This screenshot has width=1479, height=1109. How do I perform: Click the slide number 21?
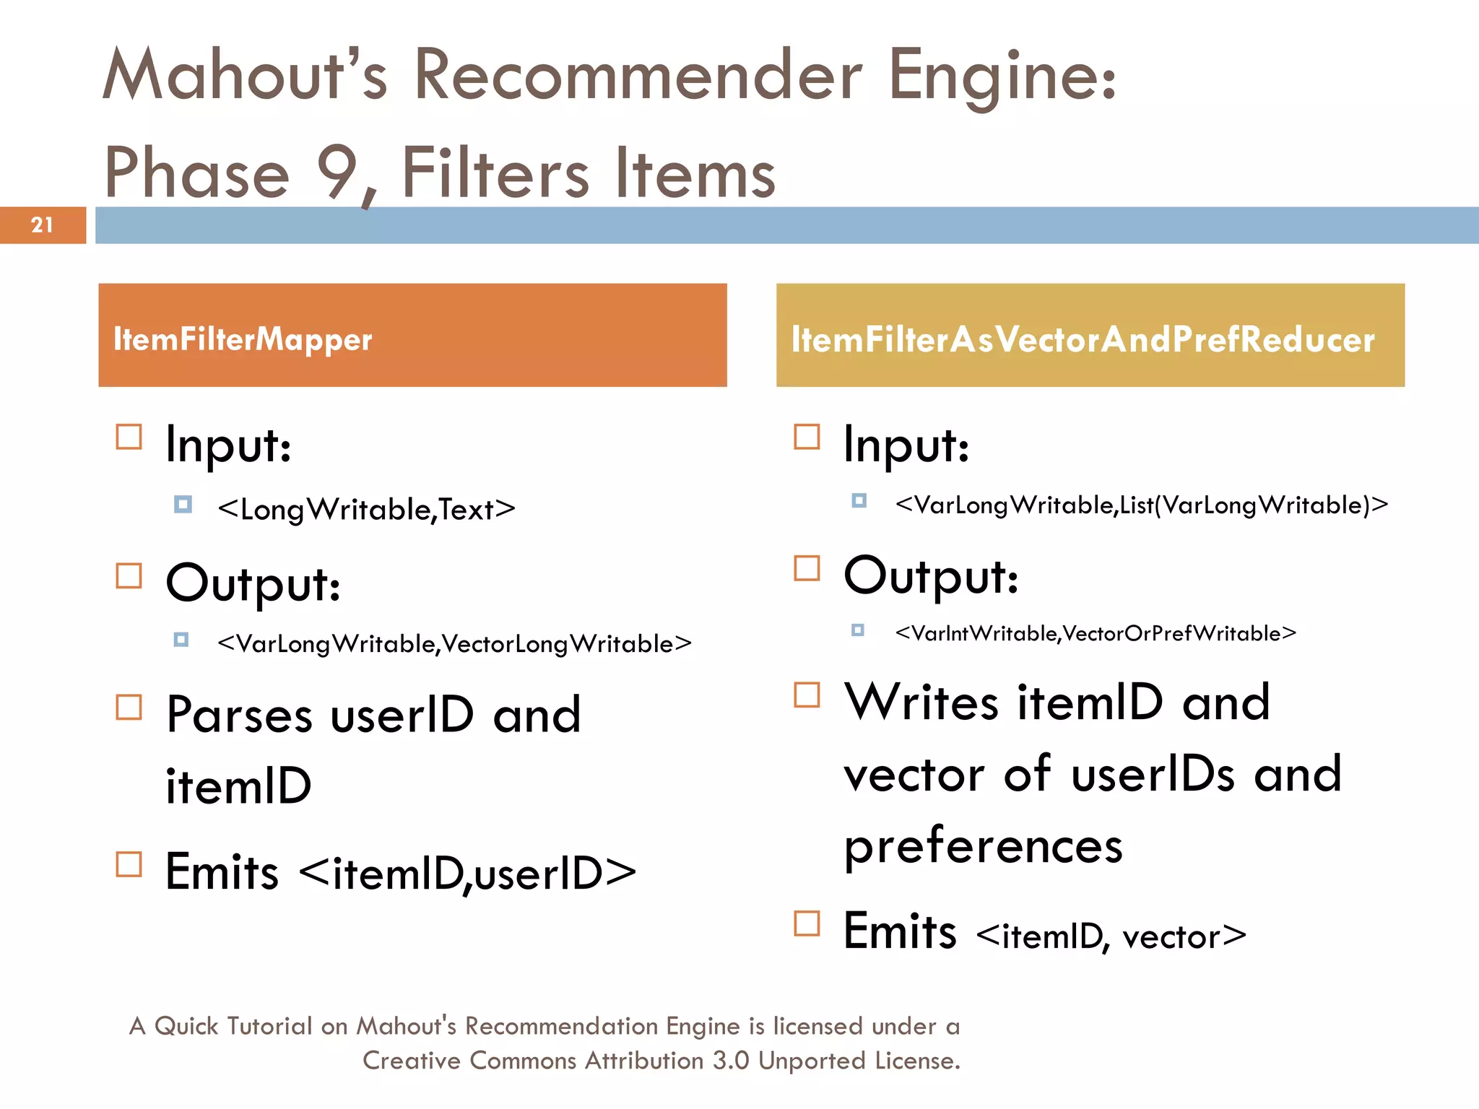pos(42,225)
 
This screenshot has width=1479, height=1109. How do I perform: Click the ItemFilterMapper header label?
pos(243,339)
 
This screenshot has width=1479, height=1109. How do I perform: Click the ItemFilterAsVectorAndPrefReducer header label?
pos(1083,339)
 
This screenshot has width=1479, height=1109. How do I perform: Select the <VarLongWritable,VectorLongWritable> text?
pos(454,643)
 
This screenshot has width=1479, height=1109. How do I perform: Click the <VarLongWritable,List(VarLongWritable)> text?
pos(1141,505)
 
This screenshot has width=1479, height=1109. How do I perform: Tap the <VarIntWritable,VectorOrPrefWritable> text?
pos(1095,633)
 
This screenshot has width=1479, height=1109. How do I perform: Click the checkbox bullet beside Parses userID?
pos(129,708)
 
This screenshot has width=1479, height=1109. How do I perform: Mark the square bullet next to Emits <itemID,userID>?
pos(129,864)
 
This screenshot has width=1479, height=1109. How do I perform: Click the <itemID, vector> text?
pos(1111,936)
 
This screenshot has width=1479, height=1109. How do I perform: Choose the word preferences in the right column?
pos(983,845)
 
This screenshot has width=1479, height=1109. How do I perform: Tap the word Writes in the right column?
pos(921,702)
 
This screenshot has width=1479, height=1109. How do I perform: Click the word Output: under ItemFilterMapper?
pos(253,583)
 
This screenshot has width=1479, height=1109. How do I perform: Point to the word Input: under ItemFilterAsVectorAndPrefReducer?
pos(906,445)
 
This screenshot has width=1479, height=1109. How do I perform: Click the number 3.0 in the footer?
pos(731,1061)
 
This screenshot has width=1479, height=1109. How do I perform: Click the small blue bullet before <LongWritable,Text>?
pos(183,504)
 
